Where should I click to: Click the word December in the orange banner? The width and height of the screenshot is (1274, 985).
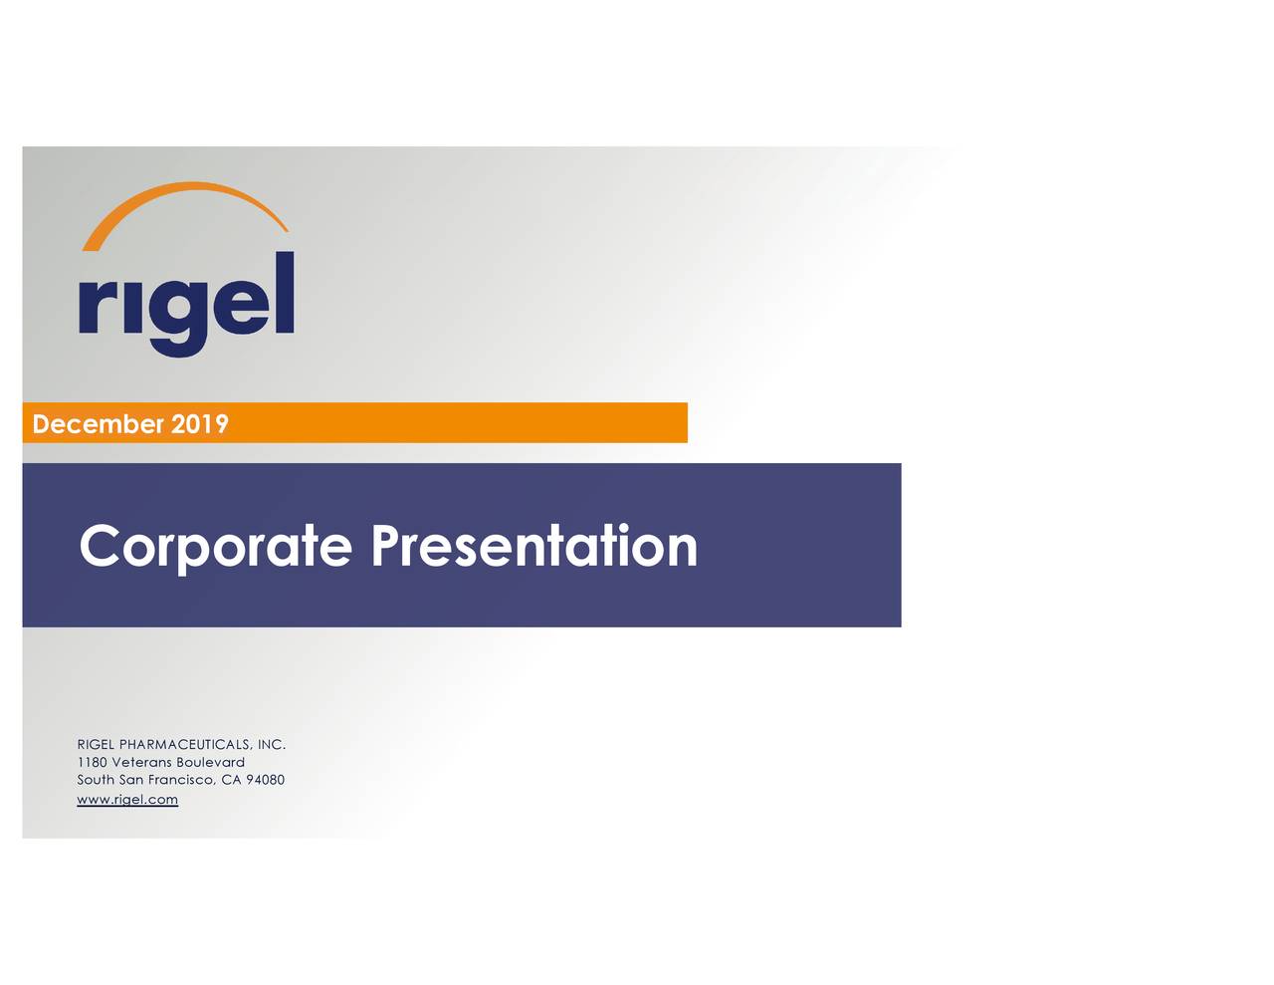pyautogui.click(x=98, y=424)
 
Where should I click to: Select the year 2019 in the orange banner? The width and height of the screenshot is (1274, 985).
pyautogui.click(x=200, y=424)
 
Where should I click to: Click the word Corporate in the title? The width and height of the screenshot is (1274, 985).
pyautogui.click(x=216, y=547)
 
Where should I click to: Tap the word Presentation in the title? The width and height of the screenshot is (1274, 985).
pyautogui.click(x=534, y=547)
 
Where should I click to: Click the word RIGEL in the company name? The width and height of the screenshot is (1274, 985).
pyautogui.click(x=96, y=745)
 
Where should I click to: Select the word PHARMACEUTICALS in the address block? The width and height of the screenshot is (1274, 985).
pyautogui.click(x=185, y=745)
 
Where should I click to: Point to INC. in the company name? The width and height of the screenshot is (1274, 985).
pyautogui.click(x=272, y=745)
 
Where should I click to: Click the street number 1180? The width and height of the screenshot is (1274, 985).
pyautogui.click(x=92, y=763)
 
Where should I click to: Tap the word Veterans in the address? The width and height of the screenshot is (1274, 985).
pyautogui.click(x=141, y=763)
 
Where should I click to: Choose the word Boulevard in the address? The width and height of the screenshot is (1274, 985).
pyautogui.click(x=210, y=763)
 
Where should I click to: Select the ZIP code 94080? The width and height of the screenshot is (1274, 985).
pyautogui.click(x=266, y=781)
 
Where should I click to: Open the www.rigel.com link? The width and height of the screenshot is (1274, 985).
pyautogui.click(x=127, y=800)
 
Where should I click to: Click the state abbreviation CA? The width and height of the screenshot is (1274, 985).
pyautogui.click(x=231, y=781)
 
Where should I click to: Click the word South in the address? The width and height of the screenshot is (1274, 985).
pyautogui.click(x=96, y=781)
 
